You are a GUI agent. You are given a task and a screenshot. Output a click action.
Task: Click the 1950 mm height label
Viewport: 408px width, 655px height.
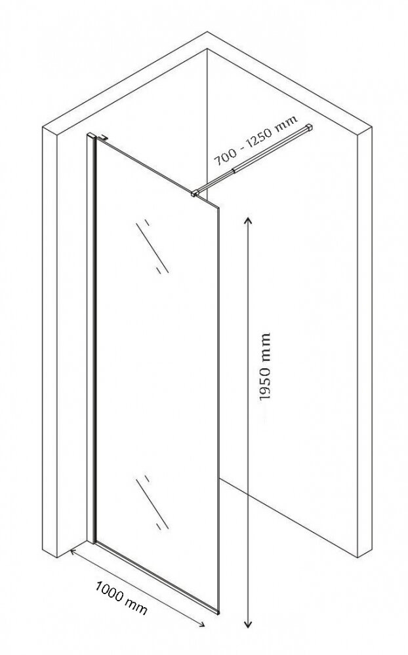[265, 366]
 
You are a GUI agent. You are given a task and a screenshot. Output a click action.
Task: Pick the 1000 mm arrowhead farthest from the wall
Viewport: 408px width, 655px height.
[201, 624]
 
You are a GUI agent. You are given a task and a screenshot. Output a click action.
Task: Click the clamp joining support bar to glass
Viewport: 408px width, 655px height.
[195, 193]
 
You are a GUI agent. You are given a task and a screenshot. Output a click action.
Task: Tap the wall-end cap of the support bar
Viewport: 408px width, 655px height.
[310, 126]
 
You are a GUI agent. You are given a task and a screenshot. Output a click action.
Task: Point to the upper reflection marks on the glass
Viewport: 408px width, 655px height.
[152, 246]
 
